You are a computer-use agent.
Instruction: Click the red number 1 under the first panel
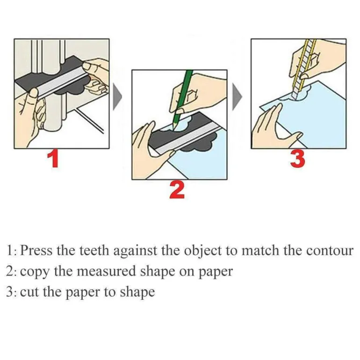[53, 159]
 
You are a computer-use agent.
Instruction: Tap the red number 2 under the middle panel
[177, 190]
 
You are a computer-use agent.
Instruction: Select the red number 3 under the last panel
[297, 158]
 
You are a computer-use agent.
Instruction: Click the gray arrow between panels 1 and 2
[117, 96]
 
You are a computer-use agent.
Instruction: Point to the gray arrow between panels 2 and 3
[237, 96]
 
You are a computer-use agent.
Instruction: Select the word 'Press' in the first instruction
[36, 250]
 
